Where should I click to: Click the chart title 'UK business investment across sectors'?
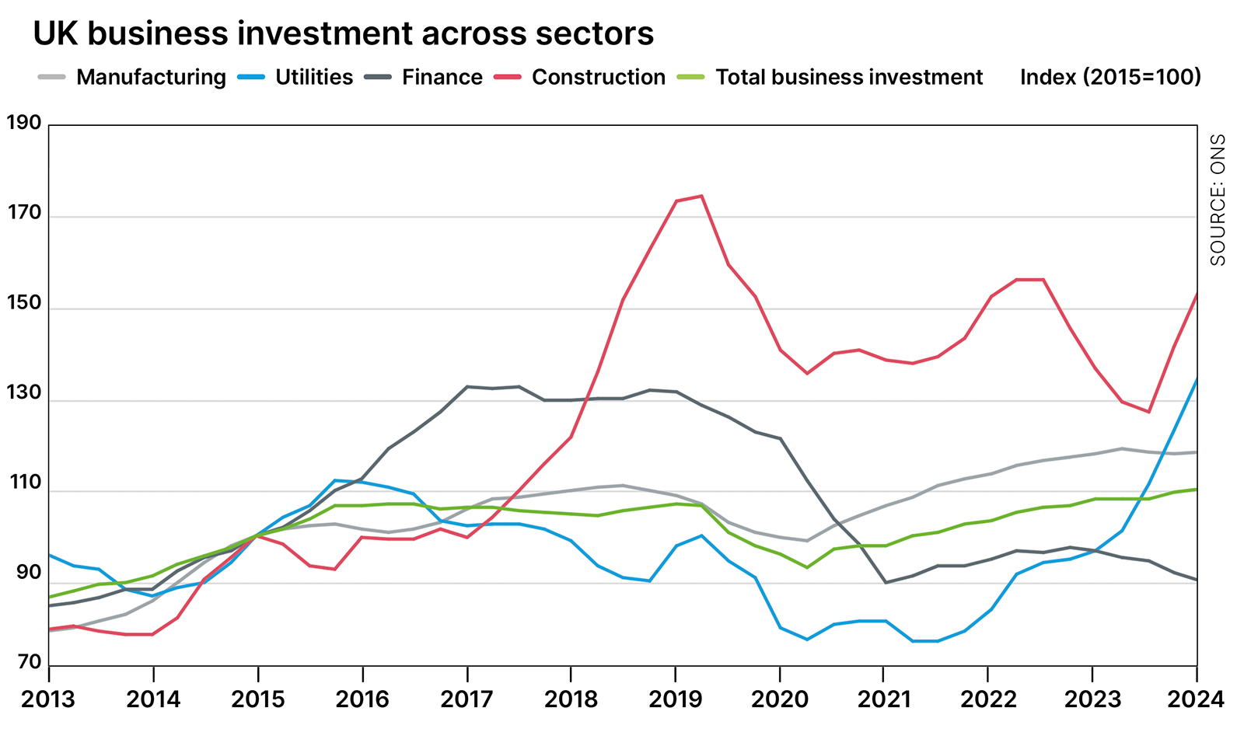pyautogui.click(x=343, y=33)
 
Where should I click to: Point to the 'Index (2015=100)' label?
pyautogui.click(x=1110, y=78)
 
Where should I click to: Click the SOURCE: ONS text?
pyautogui.click(x=1218, y=200)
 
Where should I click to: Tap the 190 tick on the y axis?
pyautogui.click(x=23, y=123)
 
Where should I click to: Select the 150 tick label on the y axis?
pyautogui.click(x=23, y=302)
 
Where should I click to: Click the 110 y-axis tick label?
pyautogui.click(x=23, y=483)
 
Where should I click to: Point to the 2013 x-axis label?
pyautogui.click(x=48, y=699)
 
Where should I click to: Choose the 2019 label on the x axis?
pyautogui.click(x=675, y=699)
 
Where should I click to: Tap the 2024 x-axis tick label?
pyautogui.click(x=1196, y=699)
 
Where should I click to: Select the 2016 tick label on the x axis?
pyautogui.click(x=362, y=699)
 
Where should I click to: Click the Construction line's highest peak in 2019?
pyautogui.click(x=701, y=196)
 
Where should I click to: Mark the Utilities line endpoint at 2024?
pyautogui.click(x=1197, y=378)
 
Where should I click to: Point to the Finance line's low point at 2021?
pyautogui.click(x=886, y=582)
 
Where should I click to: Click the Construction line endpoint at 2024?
pyautogui.click(x=1197, y=293)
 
